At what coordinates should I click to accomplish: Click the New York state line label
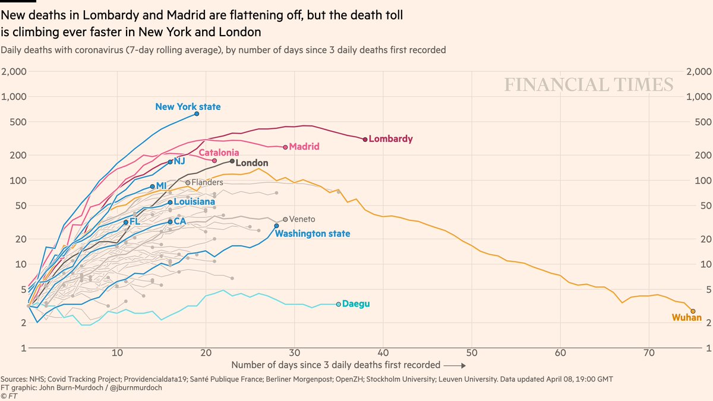coord(188,107)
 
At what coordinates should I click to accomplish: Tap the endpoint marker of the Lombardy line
coord(365,139)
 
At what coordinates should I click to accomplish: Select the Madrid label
coord(304,146)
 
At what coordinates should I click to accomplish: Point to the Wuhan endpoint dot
coord(693,311)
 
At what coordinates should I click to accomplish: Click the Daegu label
coord(356,304)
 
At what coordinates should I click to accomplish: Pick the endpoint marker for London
coord(232,161)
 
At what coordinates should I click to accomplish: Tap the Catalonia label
coord(219,152)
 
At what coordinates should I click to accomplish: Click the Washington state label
coord(313,233)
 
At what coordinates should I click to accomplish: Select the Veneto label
coord(302,219)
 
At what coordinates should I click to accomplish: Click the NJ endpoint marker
coord(171,162)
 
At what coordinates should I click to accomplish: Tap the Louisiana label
coord(194,202)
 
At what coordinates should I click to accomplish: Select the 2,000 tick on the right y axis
coord(699,72)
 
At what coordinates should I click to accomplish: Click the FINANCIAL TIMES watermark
coord(589,85)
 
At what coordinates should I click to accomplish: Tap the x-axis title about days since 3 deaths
coord(336,365)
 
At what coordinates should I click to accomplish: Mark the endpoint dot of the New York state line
coord(197,113)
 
